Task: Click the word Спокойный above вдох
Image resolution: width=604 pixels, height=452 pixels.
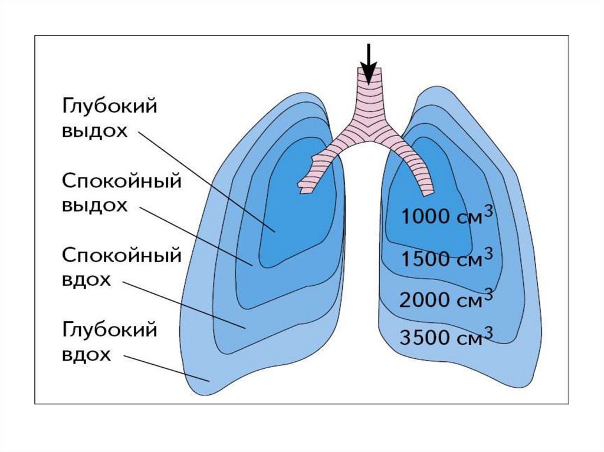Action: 121,256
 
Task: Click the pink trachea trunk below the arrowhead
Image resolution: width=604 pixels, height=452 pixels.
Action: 369,94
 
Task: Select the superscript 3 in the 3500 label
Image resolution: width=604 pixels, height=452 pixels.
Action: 488,331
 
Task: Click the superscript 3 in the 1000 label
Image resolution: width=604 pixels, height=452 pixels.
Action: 488,210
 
